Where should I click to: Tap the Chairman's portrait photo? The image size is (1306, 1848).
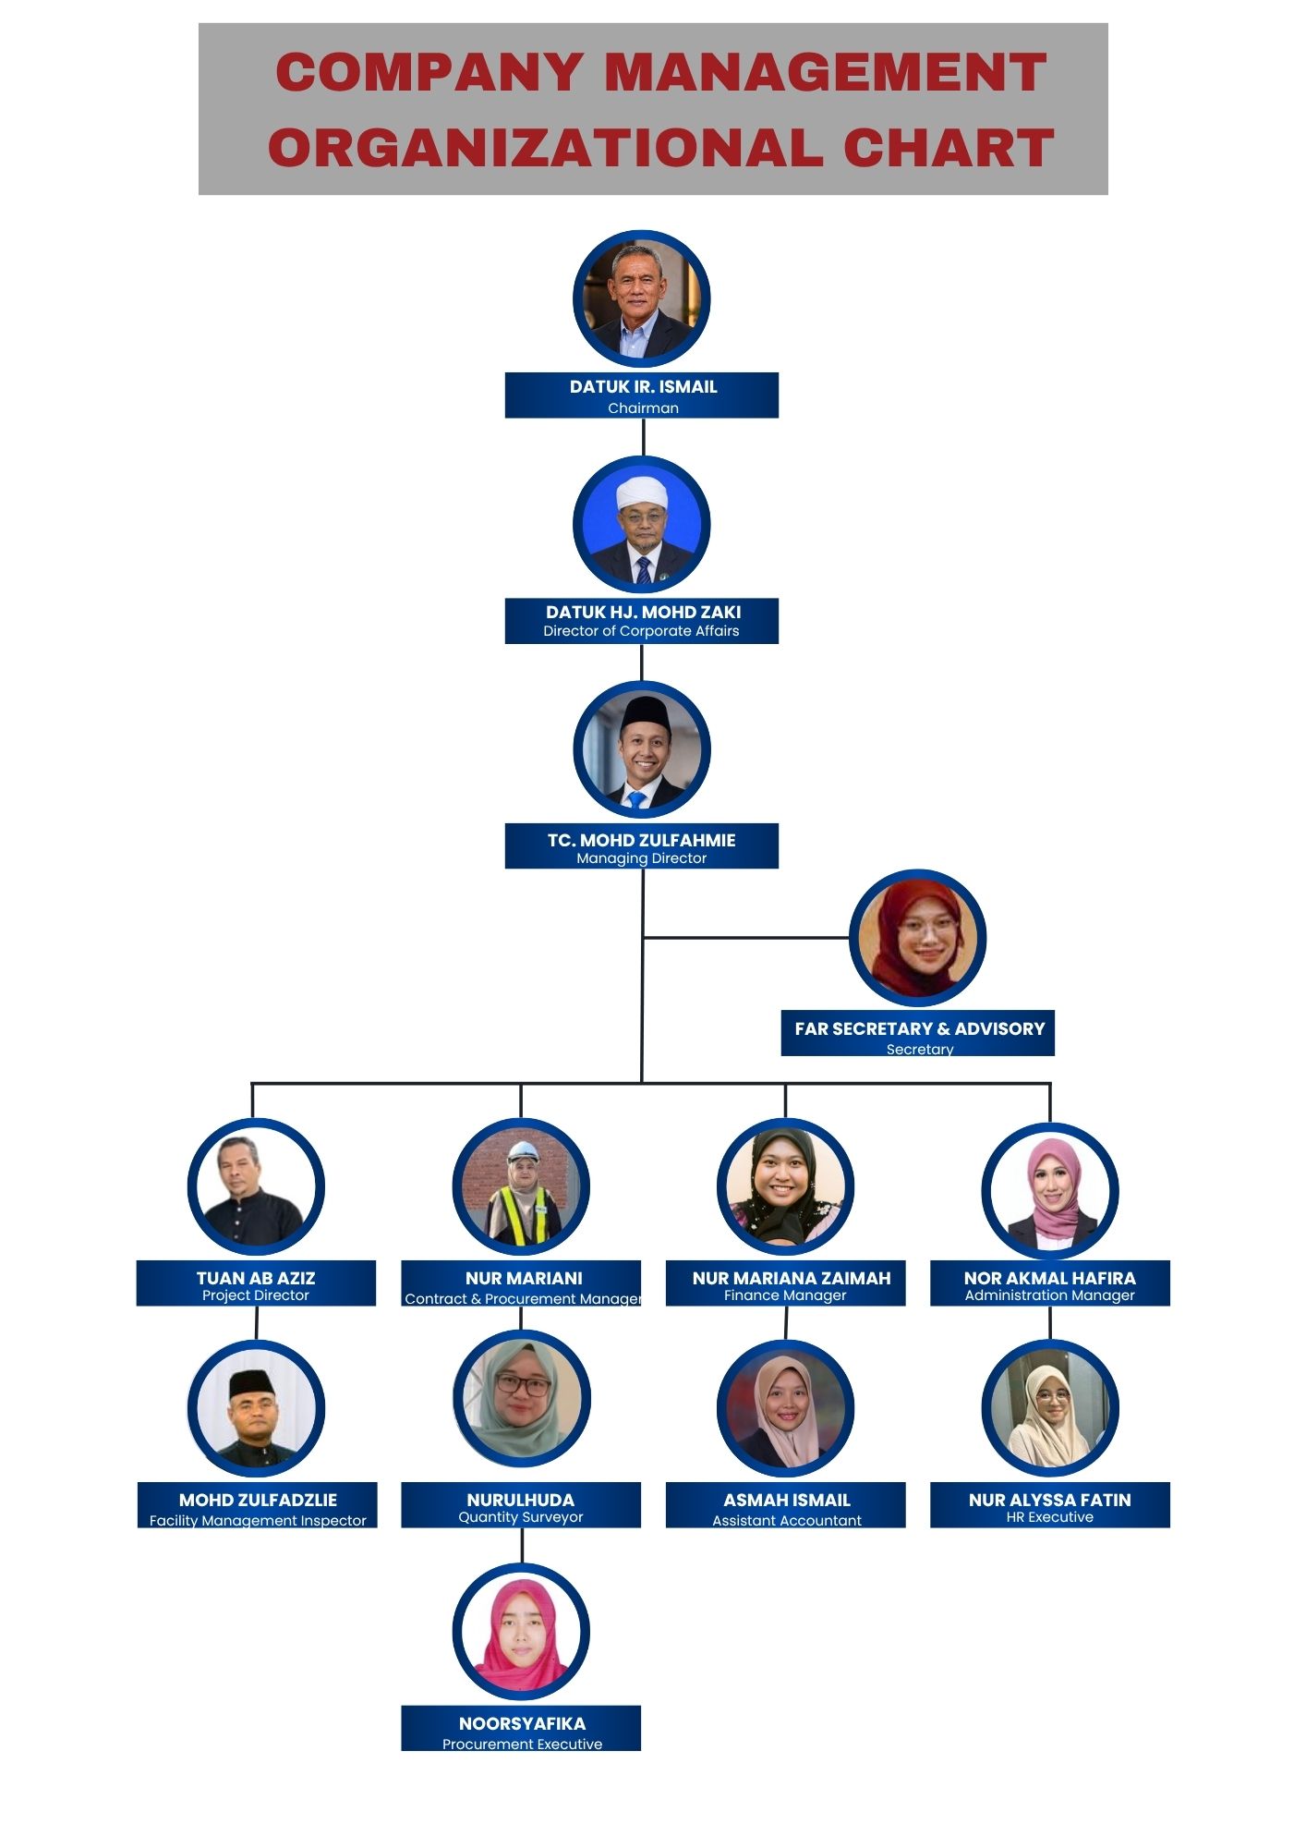pos(642,299)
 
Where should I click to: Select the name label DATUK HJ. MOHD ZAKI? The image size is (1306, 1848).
pos(643,612)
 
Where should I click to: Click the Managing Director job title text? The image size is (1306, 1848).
pos(642,858)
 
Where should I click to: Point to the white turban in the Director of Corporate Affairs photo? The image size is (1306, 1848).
pos(642,492)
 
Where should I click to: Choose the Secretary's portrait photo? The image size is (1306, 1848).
pos(918,938)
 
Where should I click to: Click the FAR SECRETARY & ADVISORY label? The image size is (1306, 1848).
pos(920,1028)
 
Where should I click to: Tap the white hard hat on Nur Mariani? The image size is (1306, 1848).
pos(523,1151)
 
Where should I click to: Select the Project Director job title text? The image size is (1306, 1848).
pos(256,1295)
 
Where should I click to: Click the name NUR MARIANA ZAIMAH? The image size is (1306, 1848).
pos(792,1278)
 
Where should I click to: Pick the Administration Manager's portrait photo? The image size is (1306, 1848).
pos(1050,1190)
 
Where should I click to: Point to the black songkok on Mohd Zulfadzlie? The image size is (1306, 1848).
pos(251,1383)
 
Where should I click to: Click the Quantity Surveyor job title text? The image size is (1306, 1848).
pos(521,1517)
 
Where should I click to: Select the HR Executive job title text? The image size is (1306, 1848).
pos(1050,1517)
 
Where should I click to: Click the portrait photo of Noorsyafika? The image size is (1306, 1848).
pos(521,1632)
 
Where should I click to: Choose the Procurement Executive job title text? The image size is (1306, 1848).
pos(522,1745)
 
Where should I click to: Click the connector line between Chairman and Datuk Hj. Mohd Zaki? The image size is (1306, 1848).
pos(644,437)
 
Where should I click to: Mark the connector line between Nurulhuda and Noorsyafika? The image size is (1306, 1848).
pos(522,1546)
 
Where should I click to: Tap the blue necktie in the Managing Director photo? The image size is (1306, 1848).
pos(637,800)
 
